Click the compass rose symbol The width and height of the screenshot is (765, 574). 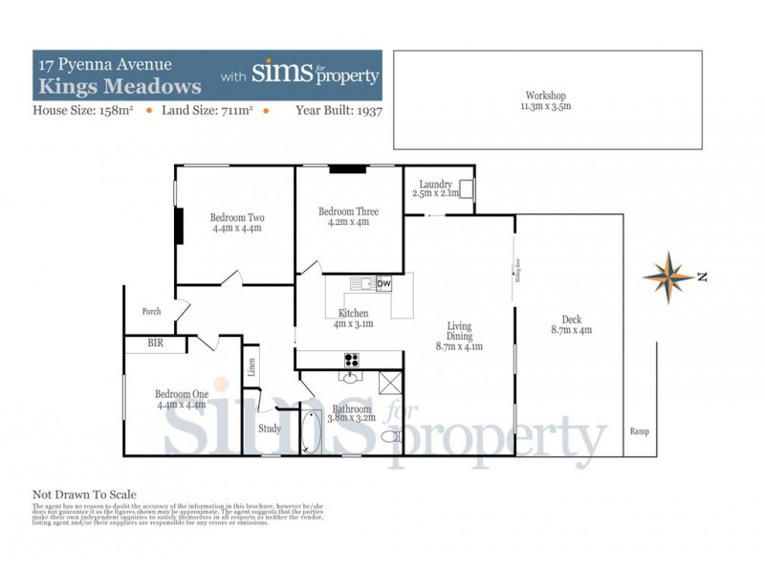point(668,276)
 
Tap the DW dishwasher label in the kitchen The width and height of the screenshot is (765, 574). point(383,284)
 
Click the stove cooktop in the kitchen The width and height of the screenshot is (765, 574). point(351,361)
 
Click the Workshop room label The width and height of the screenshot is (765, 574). point(546,96)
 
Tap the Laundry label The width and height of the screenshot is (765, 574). point(433,184)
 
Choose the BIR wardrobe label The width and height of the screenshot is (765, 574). point(155,342)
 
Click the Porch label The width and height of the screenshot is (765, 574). point(151,311)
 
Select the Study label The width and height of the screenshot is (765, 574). point(270,429)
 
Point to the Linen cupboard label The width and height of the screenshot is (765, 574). point(251,367)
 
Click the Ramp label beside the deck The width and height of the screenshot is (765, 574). point(639,431)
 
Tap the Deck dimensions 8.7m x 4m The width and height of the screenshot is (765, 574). point(572,331)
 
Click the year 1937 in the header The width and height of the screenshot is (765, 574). point(365,110)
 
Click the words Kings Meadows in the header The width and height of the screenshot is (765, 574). point(120,86)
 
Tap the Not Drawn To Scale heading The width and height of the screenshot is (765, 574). point(84,495)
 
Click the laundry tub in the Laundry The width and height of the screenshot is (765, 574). point(466,188)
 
